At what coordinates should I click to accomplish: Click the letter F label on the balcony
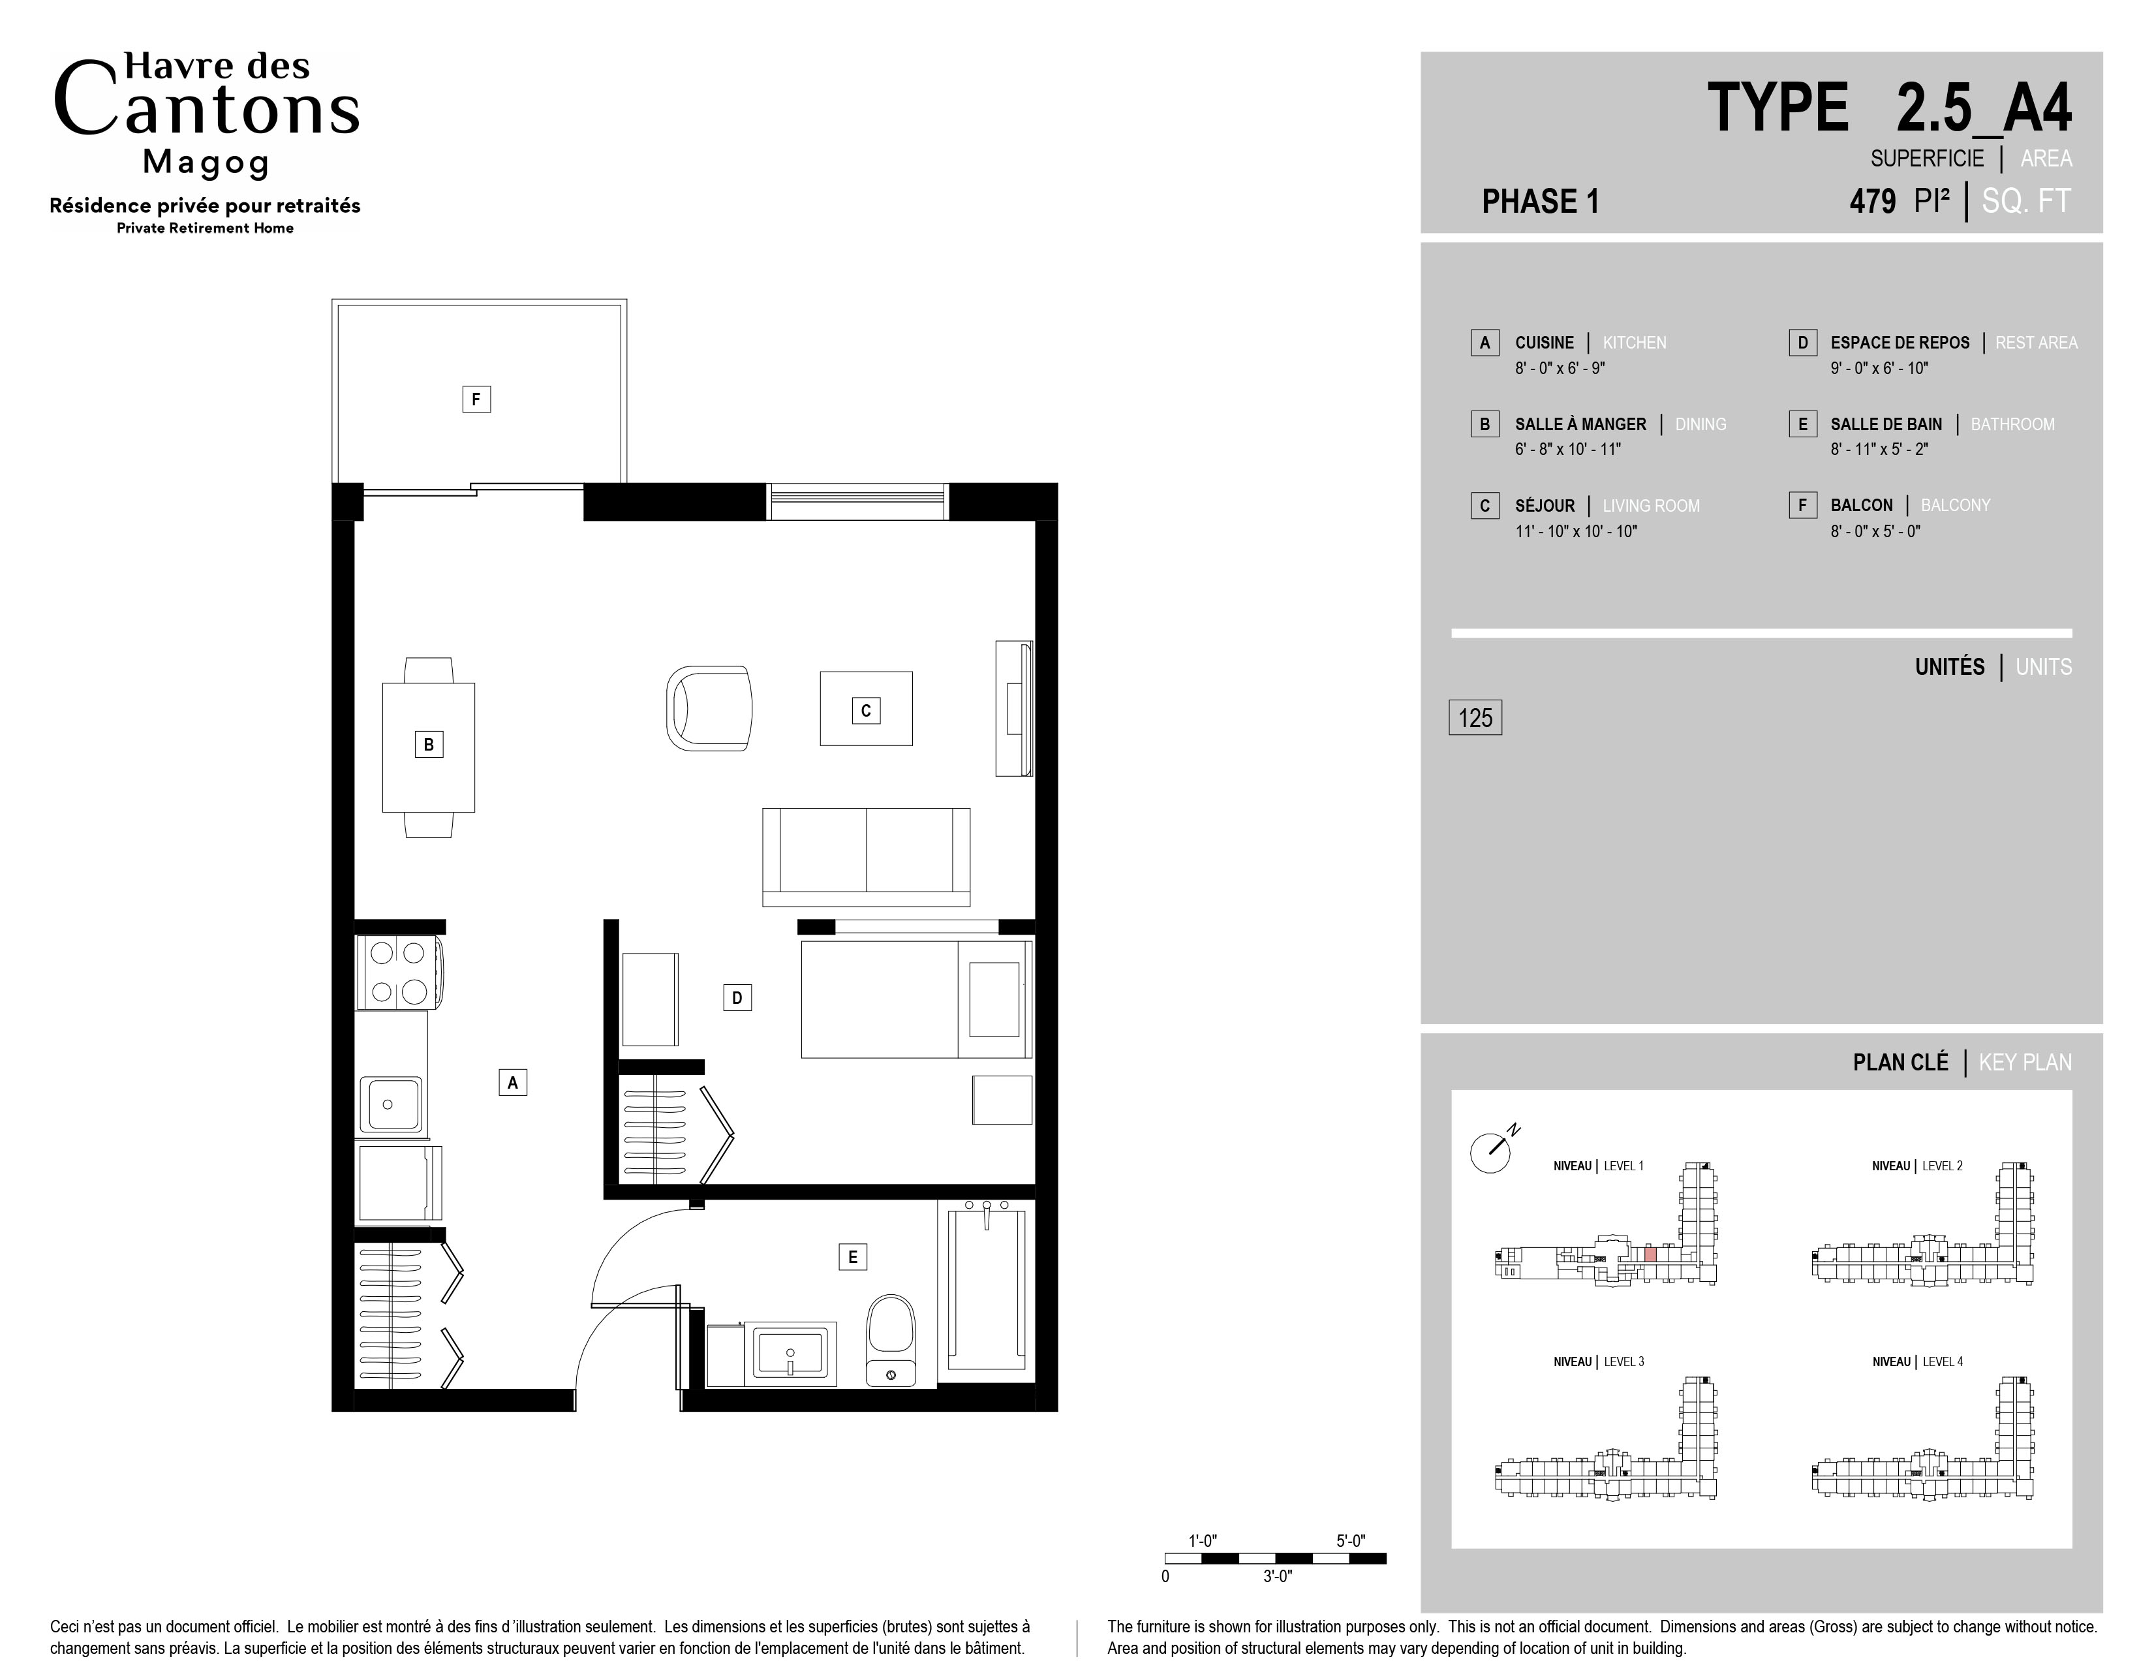tap(476, 399)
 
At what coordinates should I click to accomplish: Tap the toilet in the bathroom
tap(891, 1341)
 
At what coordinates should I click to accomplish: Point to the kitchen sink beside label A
tap(392, 1105)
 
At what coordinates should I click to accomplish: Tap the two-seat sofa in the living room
tap(866, 857)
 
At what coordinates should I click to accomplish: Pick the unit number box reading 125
tap(1475, 717)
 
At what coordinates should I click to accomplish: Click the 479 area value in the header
tap(1872, 201)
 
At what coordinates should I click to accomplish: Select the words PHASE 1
tap(1541, 201)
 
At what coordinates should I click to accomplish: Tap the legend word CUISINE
tap(1545, 342)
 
